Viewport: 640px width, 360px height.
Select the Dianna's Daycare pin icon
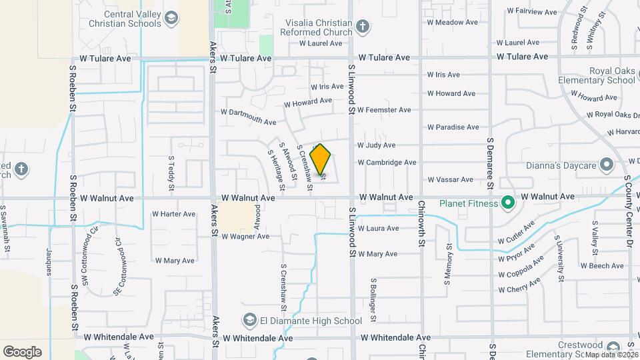(606, 163)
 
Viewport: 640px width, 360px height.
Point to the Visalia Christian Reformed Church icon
(362, 27)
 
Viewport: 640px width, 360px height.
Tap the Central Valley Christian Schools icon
(171, 17)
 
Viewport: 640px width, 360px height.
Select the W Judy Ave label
(376, 145)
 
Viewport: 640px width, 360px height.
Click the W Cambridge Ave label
(387, 162)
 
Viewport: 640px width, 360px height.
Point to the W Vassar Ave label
(450, 179)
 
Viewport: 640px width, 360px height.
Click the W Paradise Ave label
(453, 127)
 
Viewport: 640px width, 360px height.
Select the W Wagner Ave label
(245, 236)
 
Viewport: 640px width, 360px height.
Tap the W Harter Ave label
(173, 214)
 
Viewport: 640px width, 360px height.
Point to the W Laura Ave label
(378, 228)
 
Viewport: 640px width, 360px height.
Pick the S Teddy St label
(171, 171)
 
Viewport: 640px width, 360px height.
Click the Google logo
(22, 351)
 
